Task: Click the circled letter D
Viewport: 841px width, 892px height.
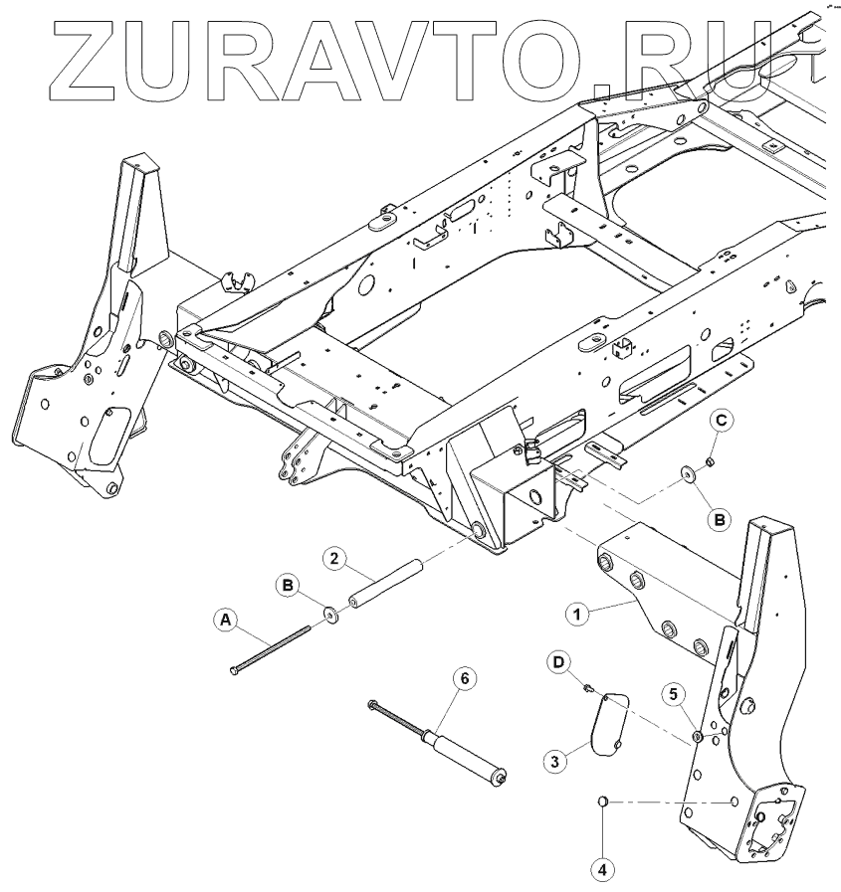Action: (x=559, y=661)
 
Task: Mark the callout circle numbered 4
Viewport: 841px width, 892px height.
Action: (x=601, y=868)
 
